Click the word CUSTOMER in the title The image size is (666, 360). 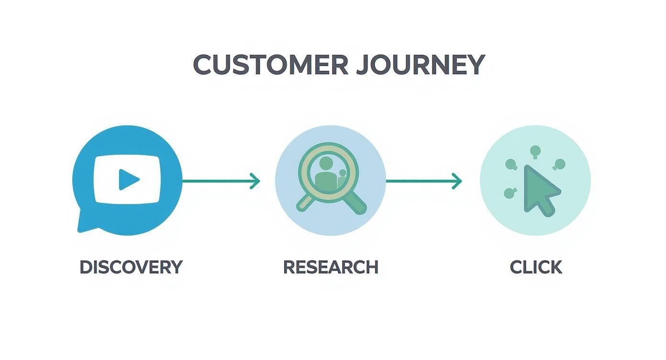pos(270,65)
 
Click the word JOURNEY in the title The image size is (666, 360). pos(421,65)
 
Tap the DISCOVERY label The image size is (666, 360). pos(131,267)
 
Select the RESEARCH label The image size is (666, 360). pos(331,267)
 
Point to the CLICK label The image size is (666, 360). pos(536,267)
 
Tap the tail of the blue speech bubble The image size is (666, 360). pos(85,225)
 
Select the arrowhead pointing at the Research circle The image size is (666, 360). pos(255,181)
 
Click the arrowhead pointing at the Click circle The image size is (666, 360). pos(457,181)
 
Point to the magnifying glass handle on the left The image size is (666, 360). pos(307,203)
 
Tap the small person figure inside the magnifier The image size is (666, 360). pos(343,179)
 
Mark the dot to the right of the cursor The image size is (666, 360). pos(559,165)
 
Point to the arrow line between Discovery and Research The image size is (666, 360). pos(218,181)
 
